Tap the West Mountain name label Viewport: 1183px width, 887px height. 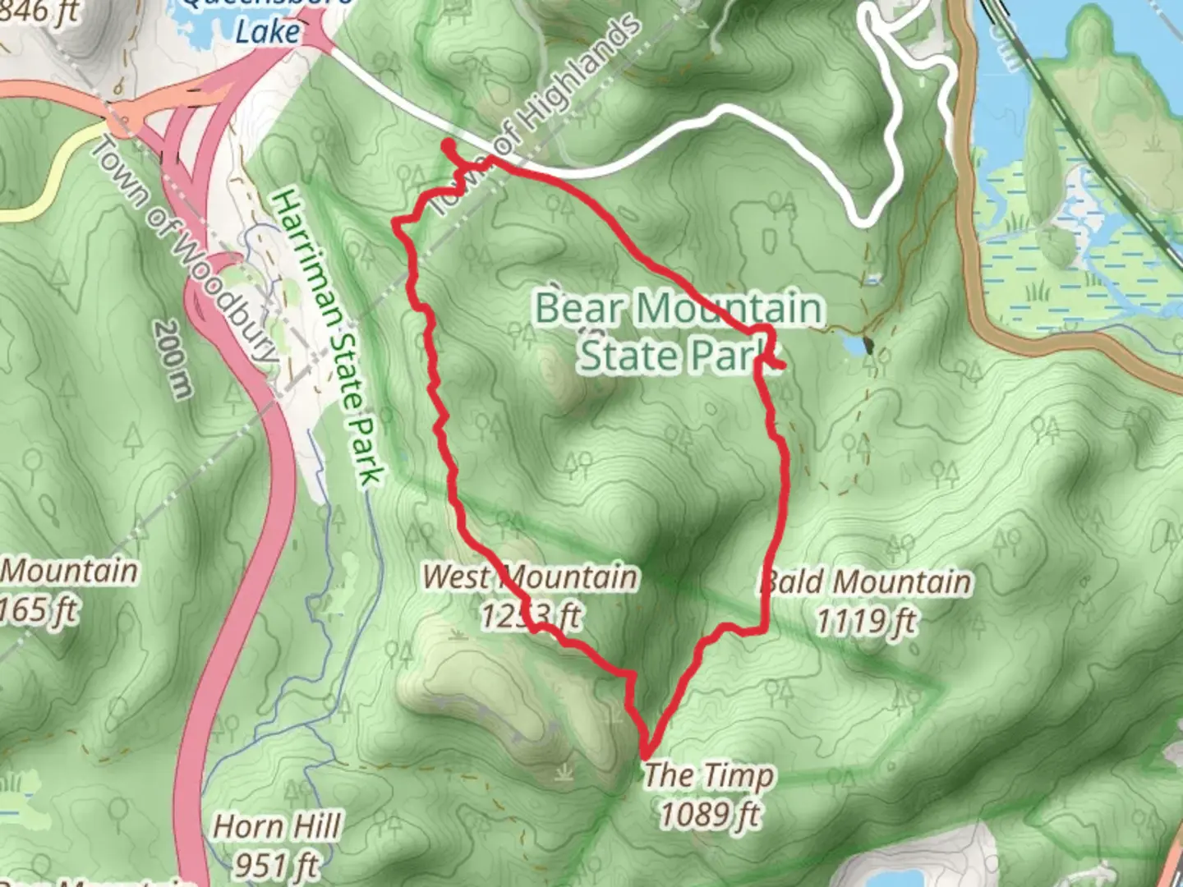pos(529,577)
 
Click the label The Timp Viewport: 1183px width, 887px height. pos(707,774)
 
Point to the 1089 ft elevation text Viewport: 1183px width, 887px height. pos(710,815)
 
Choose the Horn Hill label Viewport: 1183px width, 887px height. pos(277,826)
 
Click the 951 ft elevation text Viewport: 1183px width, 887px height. pos(275,864)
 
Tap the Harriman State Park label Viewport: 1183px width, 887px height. pos(328,337)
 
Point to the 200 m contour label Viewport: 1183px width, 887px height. pos(171,358)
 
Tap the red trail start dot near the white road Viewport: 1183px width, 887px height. pos(449,145)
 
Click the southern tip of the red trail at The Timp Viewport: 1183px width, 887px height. pos(646,754)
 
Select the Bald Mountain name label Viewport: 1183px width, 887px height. pos(864,581)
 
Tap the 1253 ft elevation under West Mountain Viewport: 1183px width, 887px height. pos(530,615)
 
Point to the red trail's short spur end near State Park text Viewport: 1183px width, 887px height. pos(782,364)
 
